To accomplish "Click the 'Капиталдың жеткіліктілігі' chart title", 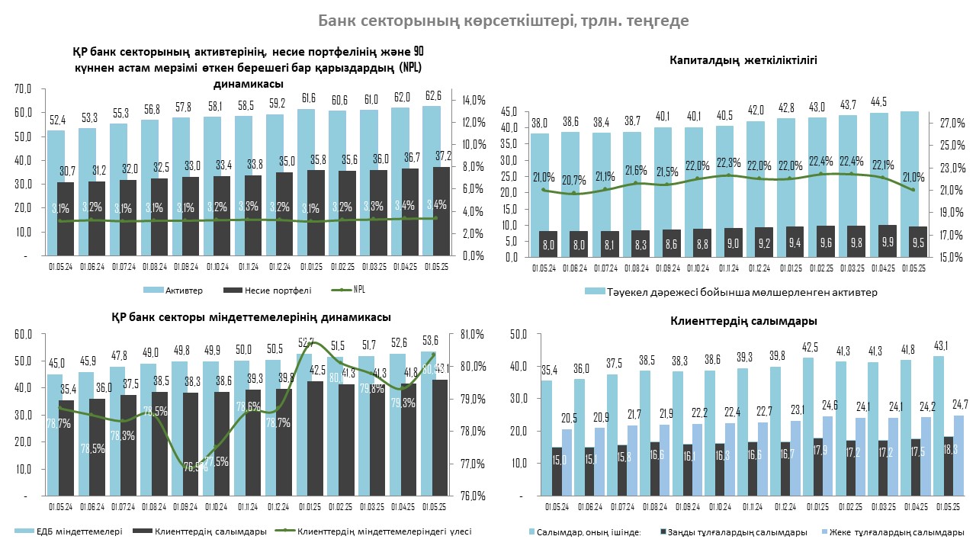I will pyautogui.click(x=743, y=59).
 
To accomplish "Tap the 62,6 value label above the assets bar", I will pyautogui.click(x=434, y=96).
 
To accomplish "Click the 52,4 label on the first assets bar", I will pyautogui.click(x=56, y=120).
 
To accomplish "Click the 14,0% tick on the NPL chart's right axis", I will pyautogui.click(x=474, y=100).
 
